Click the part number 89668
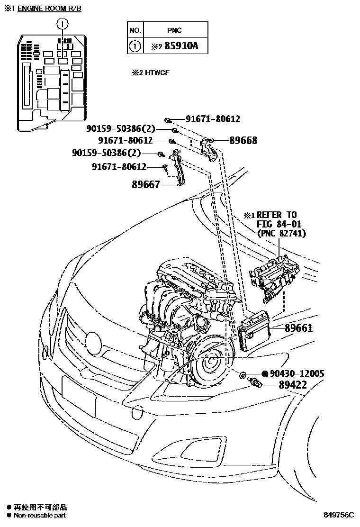coord(243,140)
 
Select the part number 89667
coord(146,185)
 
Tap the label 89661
coord(298,327)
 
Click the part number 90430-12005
coord(297,373)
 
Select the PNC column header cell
coord(174,30)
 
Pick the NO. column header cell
coord(135,30)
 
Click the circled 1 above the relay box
coord(62,23)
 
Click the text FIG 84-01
coord(279,224)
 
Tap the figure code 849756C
coord(339,515)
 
